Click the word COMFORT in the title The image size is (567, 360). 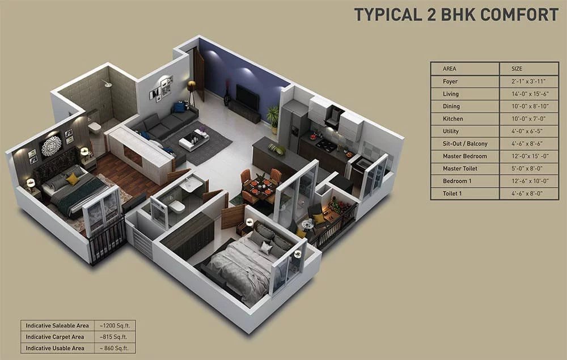click(x=519, y=15)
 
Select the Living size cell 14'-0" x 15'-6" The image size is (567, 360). click(x=530, y=94)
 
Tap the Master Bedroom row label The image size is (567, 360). click(x=465, y=156)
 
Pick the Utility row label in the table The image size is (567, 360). click(x=451, y=131)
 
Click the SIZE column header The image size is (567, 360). click(x=517, y=69)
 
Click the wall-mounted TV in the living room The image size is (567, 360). click(x=247, y=97)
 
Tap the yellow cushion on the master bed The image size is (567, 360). click(x=73, y=179)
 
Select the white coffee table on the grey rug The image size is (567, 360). click(x=194, y=139)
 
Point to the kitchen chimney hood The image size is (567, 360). click(x=334, y=117)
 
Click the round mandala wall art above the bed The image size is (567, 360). click(x=52, y=146)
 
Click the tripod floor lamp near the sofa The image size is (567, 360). click(x=191, y=93)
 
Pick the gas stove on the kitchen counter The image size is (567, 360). click(x=326, y=145)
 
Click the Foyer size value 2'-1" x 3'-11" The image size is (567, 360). click(x=528, y=81)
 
